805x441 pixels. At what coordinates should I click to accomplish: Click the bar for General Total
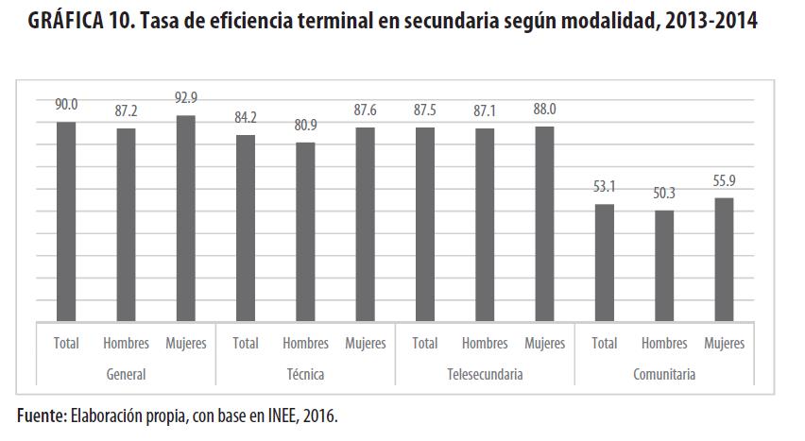(66, 222)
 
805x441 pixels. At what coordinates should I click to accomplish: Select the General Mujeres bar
(186, 219)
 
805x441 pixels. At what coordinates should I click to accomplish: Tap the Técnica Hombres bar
(305, 232)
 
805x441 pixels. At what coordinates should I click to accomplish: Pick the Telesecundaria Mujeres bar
(544, 224)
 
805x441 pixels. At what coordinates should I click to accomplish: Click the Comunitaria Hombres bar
(664, 266)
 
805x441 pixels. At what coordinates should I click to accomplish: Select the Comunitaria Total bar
(605, 263)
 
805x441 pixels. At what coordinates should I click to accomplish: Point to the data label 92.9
(186, 97)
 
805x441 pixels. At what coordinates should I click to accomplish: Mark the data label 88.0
(544, 109)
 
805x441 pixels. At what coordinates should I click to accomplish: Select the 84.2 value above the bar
(246, 117)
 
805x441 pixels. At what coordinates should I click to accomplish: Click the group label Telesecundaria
(485, 374)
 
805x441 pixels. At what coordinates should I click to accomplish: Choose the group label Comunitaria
(664, 374)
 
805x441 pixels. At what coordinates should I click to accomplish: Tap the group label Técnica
(305, 374)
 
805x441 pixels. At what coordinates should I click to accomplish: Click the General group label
(126, 374)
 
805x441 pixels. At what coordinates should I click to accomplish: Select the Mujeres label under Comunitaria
(724, 344)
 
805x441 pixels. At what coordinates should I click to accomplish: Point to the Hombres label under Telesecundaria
(485, 344)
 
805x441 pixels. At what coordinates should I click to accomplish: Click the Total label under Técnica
(246, 344)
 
